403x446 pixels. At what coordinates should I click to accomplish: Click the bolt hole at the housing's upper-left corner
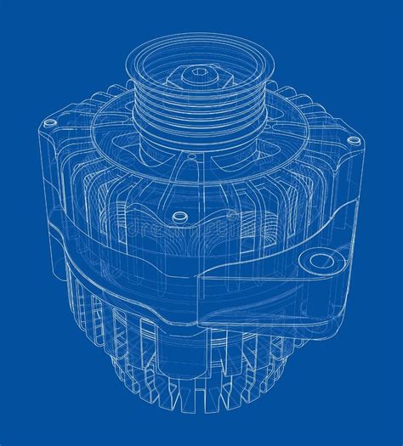point(48,124)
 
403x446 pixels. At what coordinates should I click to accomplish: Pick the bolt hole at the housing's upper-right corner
point(347,137)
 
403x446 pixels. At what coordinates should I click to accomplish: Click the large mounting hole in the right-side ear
point(321,262)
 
